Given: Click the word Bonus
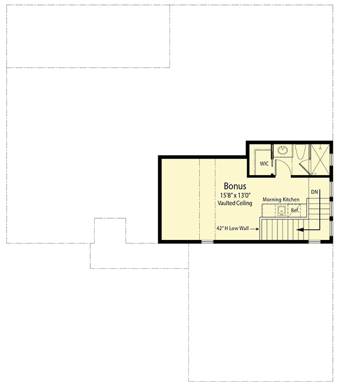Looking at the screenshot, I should click(235, 187).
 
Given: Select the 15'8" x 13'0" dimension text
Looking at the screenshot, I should click(235, 196).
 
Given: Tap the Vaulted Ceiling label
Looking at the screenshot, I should click(235, 203).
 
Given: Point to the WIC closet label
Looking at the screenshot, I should click(264, 164).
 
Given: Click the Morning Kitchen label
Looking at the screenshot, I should click(281, 199).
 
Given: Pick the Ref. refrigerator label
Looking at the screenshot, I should click(295, 211).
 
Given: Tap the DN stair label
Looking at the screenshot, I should click(314, 192).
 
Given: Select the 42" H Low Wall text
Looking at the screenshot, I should click(232, 228).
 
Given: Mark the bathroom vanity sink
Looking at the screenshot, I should click(282, 150).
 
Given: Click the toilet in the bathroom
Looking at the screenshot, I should click(301, 152).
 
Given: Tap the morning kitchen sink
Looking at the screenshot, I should click(281, 211).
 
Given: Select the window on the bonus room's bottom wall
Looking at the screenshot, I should click(207, 242).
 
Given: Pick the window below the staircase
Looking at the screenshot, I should click(314, 242).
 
